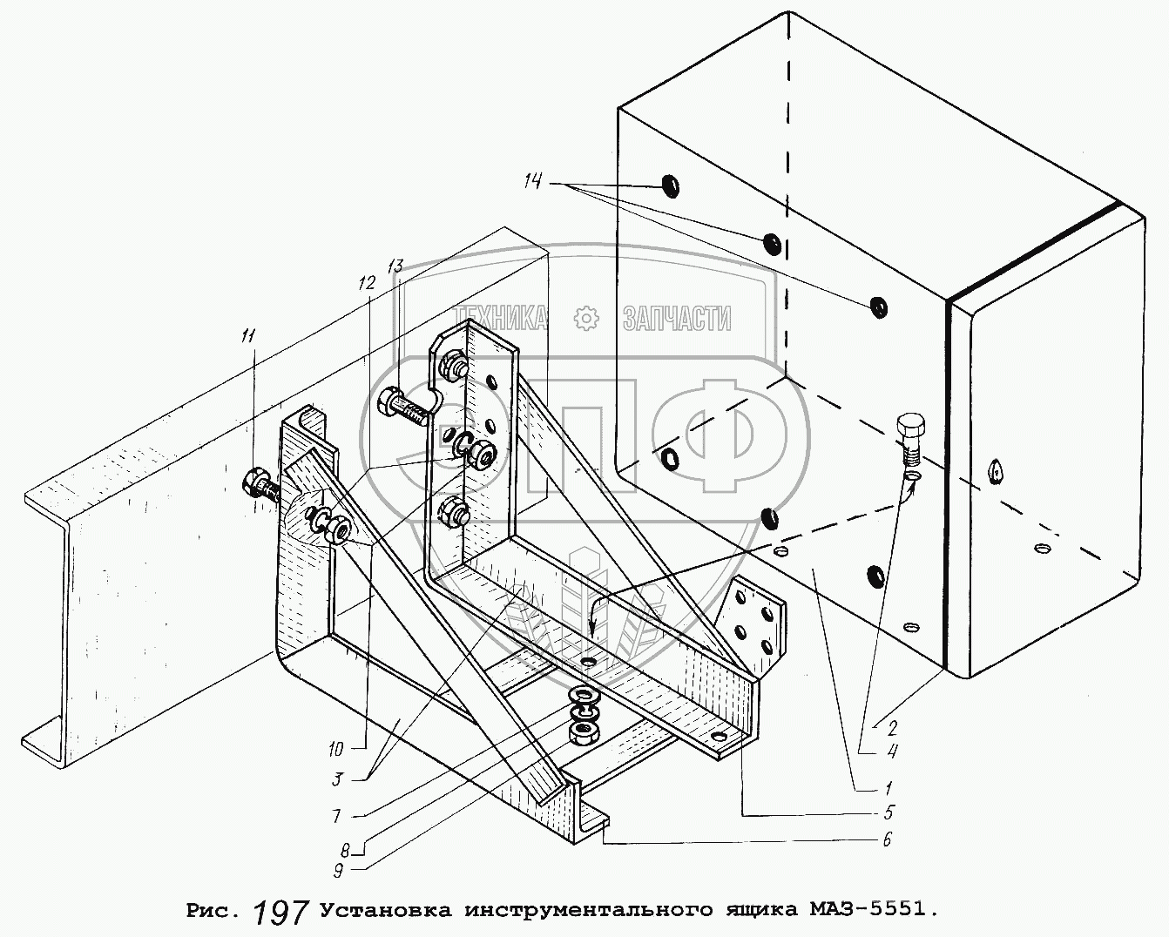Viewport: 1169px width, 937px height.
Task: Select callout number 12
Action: pyautogui.click(x=366, y=283)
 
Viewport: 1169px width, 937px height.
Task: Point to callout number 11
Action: pyautogui.click(x=250, y=335)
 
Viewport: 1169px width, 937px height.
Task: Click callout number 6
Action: pyautogui.click(x=886, y=839)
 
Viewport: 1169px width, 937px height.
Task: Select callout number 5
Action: pyautogui.click(x=887, y=813)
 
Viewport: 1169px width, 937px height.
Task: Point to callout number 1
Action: pyautogui.click(x=887, y=789)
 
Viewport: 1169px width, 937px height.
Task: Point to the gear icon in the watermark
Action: pyautogui.click(x=587, y=319)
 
